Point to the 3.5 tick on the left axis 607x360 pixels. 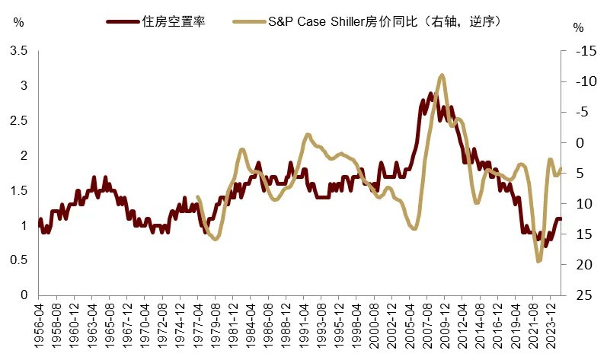pyautogui.click(x=18, y=51)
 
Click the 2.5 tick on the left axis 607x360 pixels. pyautogui.click(x=18, y=121)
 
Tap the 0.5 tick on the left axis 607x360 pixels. pyautogui.click(x=18, y=260)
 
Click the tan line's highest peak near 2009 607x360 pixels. pyautogui.click(x=442, y=75)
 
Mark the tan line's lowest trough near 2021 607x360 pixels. pyautogui.click(x=539, y=261)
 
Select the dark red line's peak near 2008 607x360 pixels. pyautogui.click(x=430, y=94)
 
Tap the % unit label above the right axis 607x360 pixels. pyautogui.click(x=579, y=28)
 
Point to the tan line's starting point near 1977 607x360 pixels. pyautogui.click(x=198, y=196)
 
